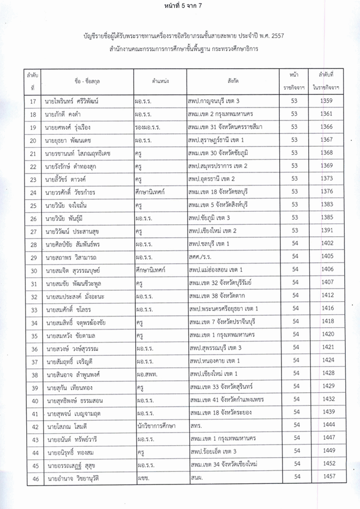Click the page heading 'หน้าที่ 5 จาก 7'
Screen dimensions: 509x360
[x=180, y=7]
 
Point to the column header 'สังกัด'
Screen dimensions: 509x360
[x=229, y=81]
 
